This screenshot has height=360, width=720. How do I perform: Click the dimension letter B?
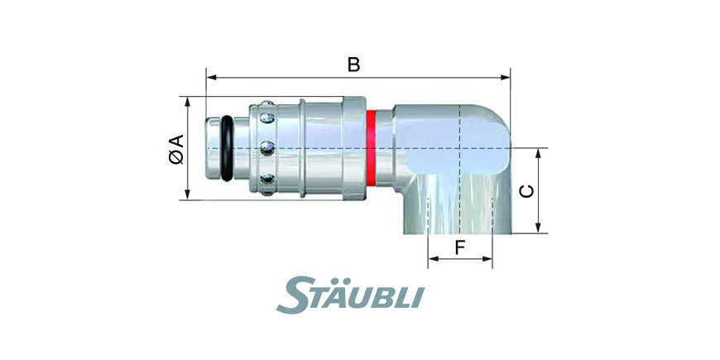353,65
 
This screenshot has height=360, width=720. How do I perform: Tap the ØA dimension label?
176,149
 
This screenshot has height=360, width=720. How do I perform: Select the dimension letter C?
526,191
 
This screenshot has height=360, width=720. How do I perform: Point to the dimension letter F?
460,248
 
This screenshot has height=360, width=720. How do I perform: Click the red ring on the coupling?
371,148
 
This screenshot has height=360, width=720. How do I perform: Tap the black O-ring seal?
227,148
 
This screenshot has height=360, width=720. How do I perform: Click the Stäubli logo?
350,295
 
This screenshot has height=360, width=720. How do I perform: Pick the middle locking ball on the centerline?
267,148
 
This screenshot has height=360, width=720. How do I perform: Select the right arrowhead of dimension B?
505,78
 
